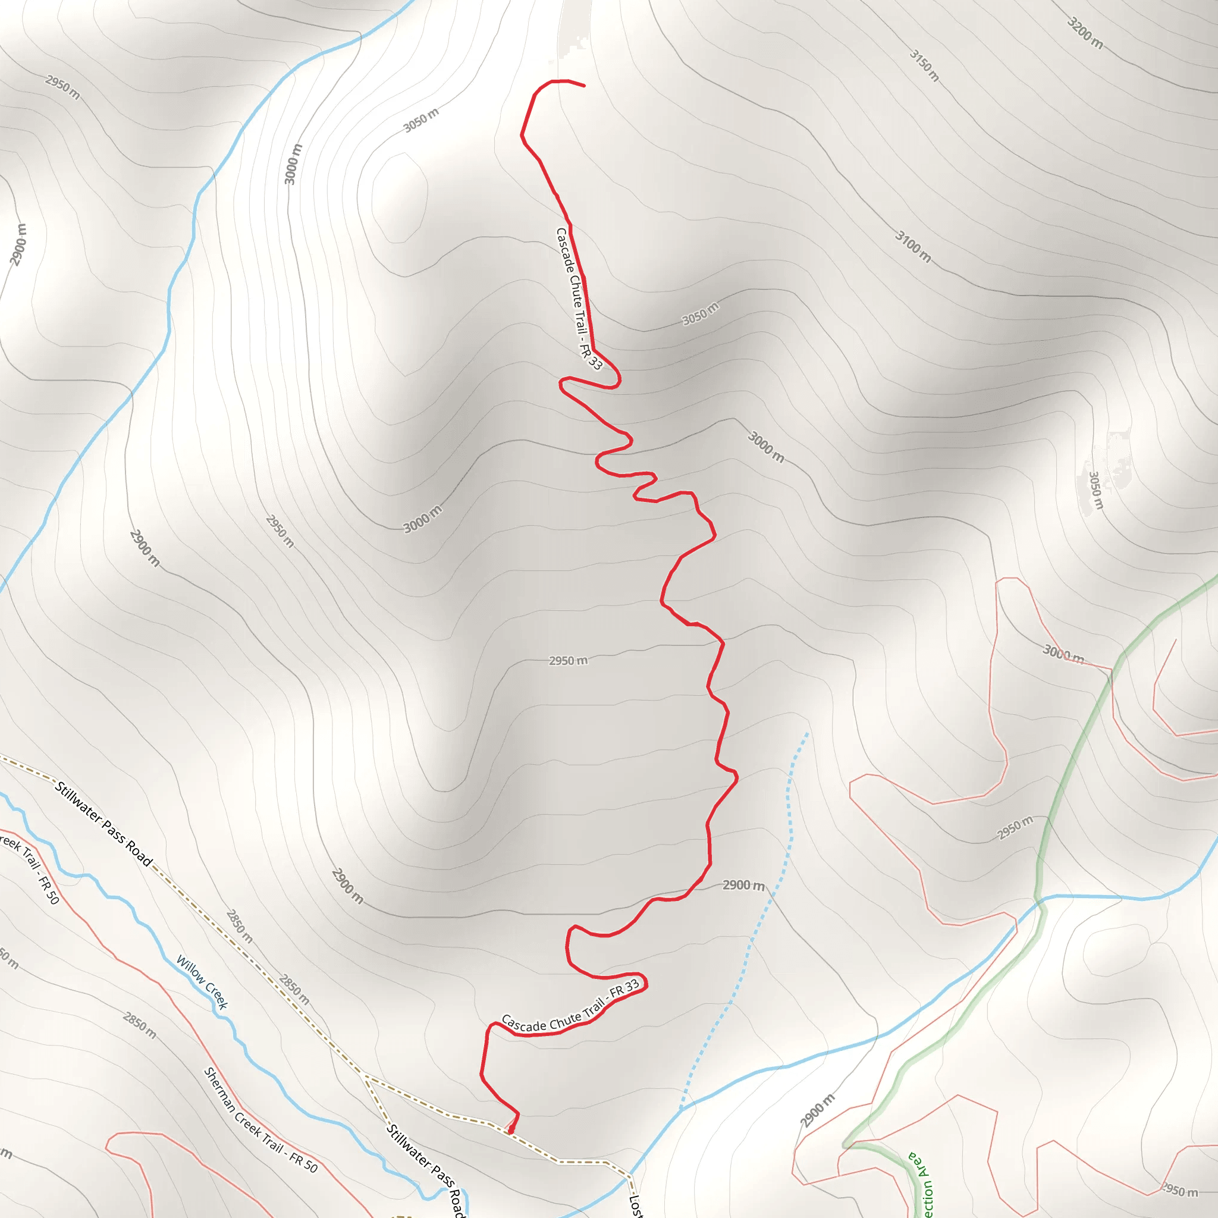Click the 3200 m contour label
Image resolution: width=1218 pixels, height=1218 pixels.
(1085, 33)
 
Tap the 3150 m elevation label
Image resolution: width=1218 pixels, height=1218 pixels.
(924, 65)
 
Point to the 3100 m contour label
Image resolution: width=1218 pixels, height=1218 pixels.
(913, 246)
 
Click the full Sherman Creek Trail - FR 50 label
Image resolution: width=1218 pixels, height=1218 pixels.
(260, 1120)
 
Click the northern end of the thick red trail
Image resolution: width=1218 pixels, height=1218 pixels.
(584, 85)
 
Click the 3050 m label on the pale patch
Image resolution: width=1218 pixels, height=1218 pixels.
(1096, 491)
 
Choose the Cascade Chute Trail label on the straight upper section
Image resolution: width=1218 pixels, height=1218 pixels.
(578, 298)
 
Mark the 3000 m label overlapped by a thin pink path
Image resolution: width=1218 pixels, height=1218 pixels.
(1063, 654)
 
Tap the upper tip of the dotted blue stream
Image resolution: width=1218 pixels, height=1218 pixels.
(807, 734)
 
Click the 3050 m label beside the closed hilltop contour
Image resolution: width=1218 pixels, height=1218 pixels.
(420, 120)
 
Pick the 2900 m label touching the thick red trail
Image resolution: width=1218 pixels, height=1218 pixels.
(743, 886)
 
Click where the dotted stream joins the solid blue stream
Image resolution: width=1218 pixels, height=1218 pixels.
(681, 1109)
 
